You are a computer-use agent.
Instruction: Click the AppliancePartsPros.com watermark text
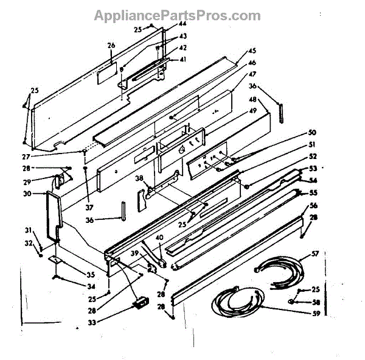tap(177, 15)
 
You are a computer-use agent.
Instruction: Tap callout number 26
tap(111, 45)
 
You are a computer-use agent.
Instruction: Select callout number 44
tap(182, 24)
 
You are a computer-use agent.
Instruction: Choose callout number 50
tap(312, 132)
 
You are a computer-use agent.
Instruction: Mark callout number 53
tap(313, 168)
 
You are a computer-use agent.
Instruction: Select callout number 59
tap(315, 315)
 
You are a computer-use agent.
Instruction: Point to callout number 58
tap(316, 302)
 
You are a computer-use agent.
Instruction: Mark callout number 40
tap(159, 238)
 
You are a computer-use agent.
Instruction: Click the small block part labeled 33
tap(141, 300)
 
